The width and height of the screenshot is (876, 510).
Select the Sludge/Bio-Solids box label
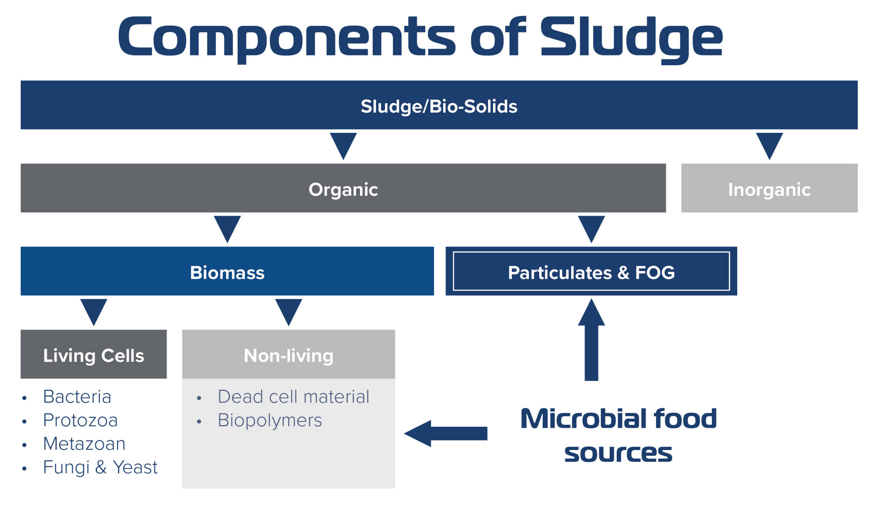pyautogui.click(x=439, y=106)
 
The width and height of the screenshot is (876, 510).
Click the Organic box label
pyautogui.click(x=343, y=190)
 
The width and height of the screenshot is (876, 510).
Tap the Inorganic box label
pyautogui.click(x=769, y=190)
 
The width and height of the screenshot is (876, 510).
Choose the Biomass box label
pyautogui.click(x=227, y=272)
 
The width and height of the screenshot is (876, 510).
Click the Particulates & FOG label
pyautogui.click(x=591, y=272)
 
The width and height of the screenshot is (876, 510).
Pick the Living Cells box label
pyautogui.click(x=93, y=356)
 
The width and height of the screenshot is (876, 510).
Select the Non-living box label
pyautogui.click(x=288, y=356)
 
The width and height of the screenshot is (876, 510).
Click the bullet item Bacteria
pyautogui.click(x=77, y=397)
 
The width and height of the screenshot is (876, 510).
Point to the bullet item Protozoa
pyautogui.click(x=80, y=420)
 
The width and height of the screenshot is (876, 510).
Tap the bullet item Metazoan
pyautogui.click(x=84, y=444)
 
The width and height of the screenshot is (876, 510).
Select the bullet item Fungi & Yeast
pyautogui.click(x=100, y=467)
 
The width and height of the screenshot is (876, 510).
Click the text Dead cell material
pyautogui.click(x=293, y=397)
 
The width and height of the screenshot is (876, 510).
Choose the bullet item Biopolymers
pyautogui.click(x=270, y=420)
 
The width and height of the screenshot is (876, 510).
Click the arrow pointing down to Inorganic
pyautogui.click(x=769, y=145)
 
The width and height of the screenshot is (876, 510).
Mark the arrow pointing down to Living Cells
pyautogui.click(x=93, y=311)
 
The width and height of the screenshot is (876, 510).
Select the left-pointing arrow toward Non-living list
pyautogui.click(x=445, y=434)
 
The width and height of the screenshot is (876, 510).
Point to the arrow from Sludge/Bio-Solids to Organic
pyautogui.click(x=343, y=145)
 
